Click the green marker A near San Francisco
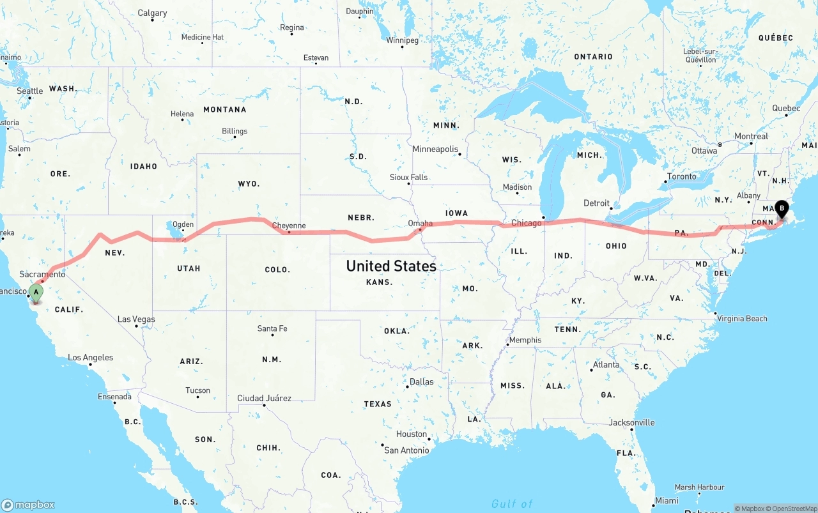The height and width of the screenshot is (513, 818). coord(36,293)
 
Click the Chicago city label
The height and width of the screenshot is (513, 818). coord(527,223)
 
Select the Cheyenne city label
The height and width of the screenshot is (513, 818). coord(289,226)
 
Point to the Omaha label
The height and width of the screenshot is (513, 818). coord(420,224)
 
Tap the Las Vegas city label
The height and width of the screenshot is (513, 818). coord(136,319)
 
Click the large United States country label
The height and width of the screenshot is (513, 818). coord(391,266)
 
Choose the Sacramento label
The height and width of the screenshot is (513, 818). coord(42,274)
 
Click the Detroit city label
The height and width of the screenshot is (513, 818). coord(596,203)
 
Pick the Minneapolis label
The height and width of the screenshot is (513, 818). coord(435,149)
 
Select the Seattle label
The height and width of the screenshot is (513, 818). coord(29,91)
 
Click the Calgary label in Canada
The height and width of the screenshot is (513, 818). coord(152,13)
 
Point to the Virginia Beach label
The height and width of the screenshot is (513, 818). coord(742,318)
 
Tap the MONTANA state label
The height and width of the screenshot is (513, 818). coord(224,109)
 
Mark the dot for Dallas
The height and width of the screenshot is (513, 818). coord(407,387)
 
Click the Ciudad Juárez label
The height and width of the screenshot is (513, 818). coord(264,398)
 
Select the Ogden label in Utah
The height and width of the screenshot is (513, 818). coord(183,224)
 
